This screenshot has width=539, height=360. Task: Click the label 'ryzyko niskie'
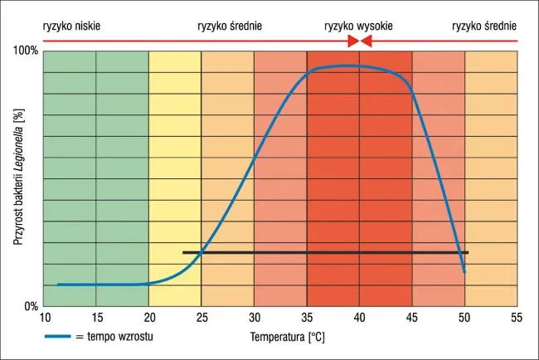[71, 26]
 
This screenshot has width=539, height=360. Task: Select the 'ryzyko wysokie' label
[358, 26]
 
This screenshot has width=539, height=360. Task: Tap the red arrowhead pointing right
[352, 41]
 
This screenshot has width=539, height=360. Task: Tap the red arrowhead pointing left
[366, 41]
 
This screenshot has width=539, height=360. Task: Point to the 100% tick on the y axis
[27, 51]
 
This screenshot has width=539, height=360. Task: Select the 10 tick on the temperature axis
[43, 317]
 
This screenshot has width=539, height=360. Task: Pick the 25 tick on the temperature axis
[202, 317]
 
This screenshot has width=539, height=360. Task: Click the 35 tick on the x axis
[307, 317]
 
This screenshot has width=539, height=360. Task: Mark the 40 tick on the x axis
[359, 317]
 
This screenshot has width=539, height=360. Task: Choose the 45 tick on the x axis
[412, 317]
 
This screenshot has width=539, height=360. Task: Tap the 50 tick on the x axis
[464, 317]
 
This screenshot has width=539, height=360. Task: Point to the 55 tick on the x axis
[517, 317]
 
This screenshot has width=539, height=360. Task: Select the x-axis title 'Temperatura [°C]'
[288, 338]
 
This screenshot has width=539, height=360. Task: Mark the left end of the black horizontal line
[183, 252]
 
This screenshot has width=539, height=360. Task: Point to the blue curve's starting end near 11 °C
[57, 285]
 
